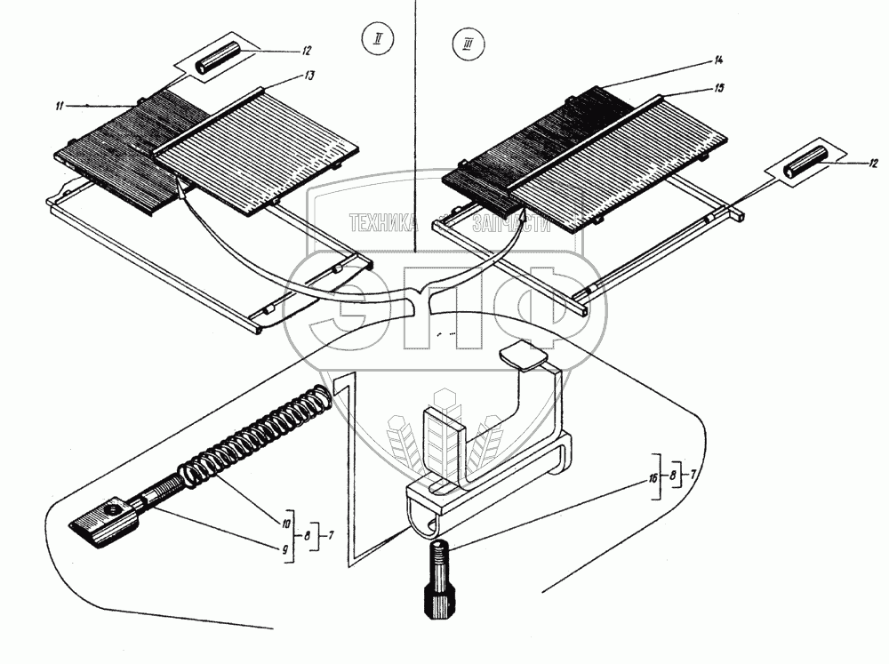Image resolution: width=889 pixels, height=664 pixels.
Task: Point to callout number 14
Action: coord(718,60)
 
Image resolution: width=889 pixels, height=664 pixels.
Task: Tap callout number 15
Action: coord(718,88)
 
